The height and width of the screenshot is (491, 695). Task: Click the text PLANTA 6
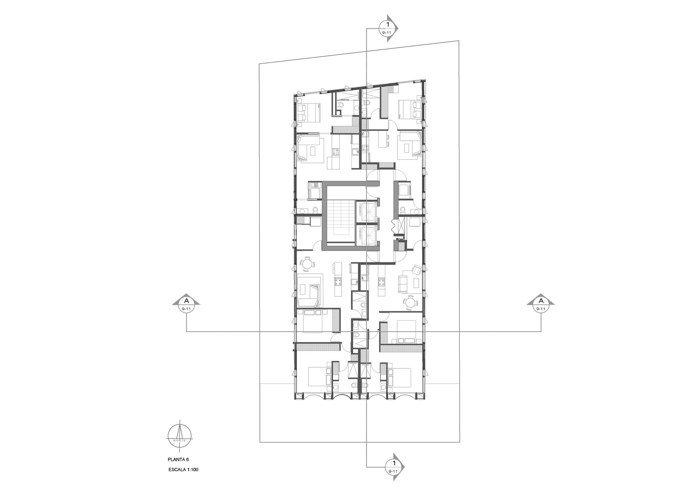click(x=178, y=460)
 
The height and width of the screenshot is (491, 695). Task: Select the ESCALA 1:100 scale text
click(x=184, y=470)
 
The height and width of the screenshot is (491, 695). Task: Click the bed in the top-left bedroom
click(x=308, y=113)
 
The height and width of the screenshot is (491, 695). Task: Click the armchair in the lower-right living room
click(x=416, y=270)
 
